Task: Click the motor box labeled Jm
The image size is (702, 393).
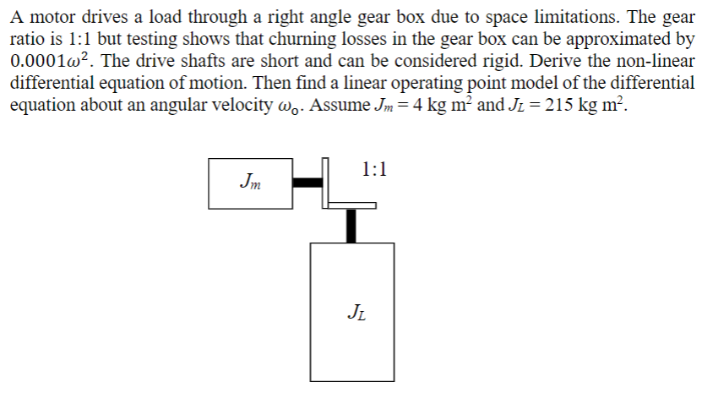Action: [251, 182]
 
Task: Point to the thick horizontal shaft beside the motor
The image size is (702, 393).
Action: [307, 182]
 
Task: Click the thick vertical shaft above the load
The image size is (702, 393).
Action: [351, 224]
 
